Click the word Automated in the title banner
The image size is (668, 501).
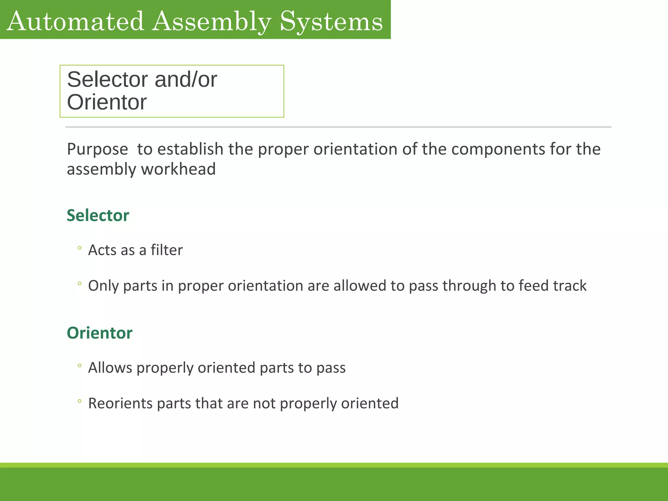[75, 21]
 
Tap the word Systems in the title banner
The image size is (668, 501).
[331, 21]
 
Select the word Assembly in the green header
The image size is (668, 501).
[212, 21]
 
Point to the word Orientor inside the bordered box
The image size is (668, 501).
[107, 102]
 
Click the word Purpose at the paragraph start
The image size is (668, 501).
[97, 149]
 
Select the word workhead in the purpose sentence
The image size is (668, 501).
[178, 169]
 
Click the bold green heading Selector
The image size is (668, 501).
[98, 216]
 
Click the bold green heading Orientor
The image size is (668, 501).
[99, 333]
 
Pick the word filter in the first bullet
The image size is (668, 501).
[166, 250]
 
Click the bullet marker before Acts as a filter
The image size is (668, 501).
[80, 249]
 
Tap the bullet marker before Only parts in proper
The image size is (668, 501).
[80, 284]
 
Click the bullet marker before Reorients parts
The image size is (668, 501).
[80, 402]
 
